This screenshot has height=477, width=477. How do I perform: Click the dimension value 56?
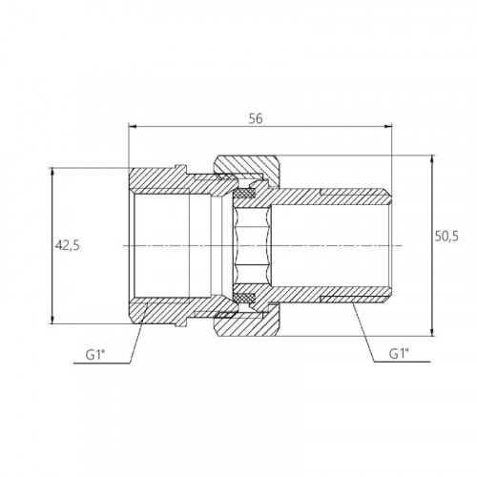(256, 118)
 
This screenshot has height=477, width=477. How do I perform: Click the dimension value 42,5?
(68, 245)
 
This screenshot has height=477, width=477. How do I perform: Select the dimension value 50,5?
(446, 237)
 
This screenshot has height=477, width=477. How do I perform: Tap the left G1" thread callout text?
(95, 355)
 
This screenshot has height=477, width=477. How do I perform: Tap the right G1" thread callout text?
(400, 354)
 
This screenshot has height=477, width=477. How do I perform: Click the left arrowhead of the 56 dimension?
(133, 127)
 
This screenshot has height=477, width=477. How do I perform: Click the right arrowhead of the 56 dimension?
(388, 127)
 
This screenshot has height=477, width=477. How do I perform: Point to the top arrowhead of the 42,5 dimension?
(52, 172)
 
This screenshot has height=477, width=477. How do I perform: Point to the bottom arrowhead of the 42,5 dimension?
(52, 320)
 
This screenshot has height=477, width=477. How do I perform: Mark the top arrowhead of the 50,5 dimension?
(432, 159)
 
